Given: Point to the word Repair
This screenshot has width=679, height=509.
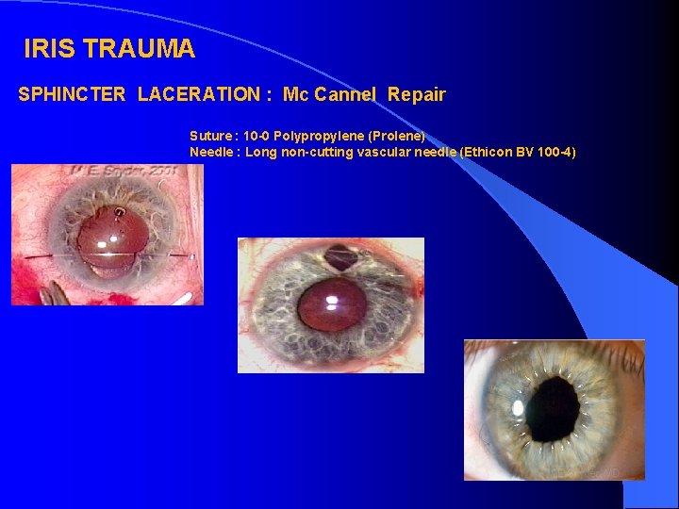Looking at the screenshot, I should [x=416, y=95].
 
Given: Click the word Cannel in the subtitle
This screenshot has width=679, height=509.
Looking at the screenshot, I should [x=346, y=95].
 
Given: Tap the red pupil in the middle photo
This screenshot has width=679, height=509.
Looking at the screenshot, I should [x=331, y=304].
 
